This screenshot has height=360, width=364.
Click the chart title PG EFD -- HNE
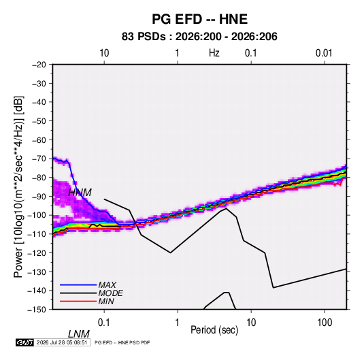pyautogui.click(x=199, y=19)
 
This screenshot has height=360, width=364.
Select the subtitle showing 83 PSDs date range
pyautogui.click(x=199, y=37)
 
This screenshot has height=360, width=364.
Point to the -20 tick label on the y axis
pyautogui.click(x=39, y=65)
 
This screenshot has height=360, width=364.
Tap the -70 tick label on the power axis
pyautogui.click(x=39, y=159)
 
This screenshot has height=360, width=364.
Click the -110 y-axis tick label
pyautogui.click(x=37, y=234)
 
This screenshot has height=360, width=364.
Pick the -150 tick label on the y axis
pyautogui.click(x=37, y=310)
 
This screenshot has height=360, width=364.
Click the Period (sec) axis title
pyautogui.click(x=214, y=330)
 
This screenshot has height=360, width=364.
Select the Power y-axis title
pyautogui.click(x=18, y=187)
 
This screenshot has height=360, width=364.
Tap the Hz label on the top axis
pyautogui.click(x=214, y=53)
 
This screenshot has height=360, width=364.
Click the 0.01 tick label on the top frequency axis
pyautogui.click(x=324, y=53)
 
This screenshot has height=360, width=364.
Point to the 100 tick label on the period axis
pyautogui.click(x=325, y=323)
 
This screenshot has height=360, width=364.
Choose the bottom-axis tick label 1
pyautogui.click(x=178, y=323)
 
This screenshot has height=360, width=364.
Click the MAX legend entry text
pyautogui.click(x=107, y=285)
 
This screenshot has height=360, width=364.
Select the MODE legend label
pyautogui.click(x=110, y=293)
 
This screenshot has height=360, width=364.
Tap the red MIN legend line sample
pyautogui.click(x=78, y=301)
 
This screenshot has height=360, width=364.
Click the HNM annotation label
pyautogui.click(x=80, y=193)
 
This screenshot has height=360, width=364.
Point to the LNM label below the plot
pyautogui.click(x=78, y=334)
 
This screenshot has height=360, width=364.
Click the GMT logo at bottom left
pyautogui.click(x=25, y=342)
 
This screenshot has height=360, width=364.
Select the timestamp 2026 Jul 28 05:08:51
pyautogui.click(x=62, y=342)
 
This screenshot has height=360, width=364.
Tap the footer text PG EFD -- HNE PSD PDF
pyautogui.click(x=122, y=342)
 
